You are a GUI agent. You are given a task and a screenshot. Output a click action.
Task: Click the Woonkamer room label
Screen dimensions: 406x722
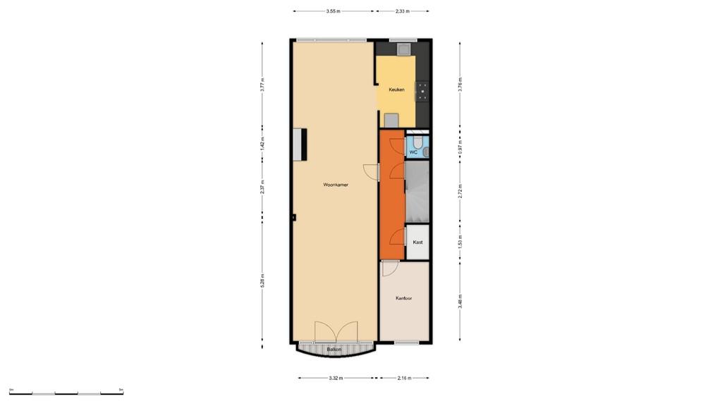336,185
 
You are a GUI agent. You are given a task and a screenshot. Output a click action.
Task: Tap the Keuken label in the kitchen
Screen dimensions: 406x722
396,90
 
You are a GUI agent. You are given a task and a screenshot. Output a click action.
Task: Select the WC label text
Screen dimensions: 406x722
413,152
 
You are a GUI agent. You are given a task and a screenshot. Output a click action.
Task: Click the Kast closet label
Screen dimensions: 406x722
417,242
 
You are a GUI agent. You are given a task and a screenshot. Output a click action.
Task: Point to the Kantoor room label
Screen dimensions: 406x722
403,298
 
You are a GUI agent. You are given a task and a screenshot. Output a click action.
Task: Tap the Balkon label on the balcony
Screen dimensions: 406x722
334,350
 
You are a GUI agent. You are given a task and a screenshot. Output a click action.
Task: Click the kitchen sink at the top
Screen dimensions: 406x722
405,49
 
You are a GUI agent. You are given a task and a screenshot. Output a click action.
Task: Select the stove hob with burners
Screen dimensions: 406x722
422,89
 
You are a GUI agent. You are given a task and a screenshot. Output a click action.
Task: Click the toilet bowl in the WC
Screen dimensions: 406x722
417,144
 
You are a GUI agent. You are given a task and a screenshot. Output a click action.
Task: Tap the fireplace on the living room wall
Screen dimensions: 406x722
300,144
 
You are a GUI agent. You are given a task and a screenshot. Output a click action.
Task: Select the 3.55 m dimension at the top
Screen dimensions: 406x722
334,11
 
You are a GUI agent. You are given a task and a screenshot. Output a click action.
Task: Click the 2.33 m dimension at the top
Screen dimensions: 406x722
402,11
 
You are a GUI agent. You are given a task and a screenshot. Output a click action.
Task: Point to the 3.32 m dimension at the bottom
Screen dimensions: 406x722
336,379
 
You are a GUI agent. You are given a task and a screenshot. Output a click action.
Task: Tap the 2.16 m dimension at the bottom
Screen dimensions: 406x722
405,379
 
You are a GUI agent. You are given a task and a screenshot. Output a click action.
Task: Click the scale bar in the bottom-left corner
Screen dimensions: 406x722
66,393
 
